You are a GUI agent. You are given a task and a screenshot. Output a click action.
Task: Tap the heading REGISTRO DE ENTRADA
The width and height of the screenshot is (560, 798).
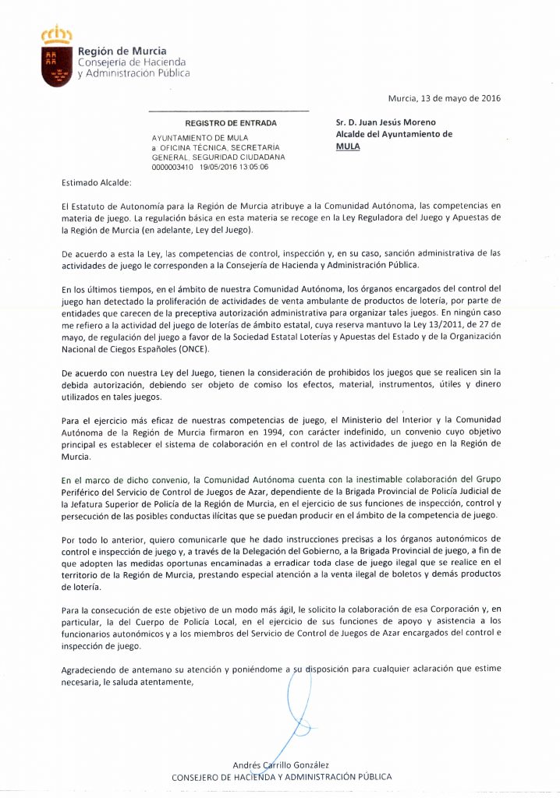pyautogui.click(x=230, y=123)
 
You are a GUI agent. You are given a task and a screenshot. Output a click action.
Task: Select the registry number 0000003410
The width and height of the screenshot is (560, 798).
pyautogui.click(x=173, y=167)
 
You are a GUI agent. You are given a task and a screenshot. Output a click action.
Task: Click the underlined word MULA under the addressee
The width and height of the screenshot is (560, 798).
pyautogui.click(x=348, y=145)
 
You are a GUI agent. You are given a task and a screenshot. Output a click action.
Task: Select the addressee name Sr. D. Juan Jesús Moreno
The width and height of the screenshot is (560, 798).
pyautogui.click(x=386, y=122)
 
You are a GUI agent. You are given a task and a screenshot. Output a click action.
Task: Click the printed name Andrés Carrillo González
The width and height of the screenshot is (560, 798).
pyautogui.click(x=281, y=764)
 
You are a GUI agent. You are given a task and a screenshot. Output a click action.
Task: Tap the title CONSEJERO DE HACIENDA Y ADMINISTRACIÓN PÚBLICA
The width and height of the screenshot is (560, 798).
pyautogui.click(x=281, y=777)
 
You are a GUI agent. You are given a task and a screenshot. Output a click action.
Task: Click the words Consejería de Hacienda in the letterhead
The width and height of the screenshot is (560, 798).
pyautogui.click(x=131, y=62)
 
